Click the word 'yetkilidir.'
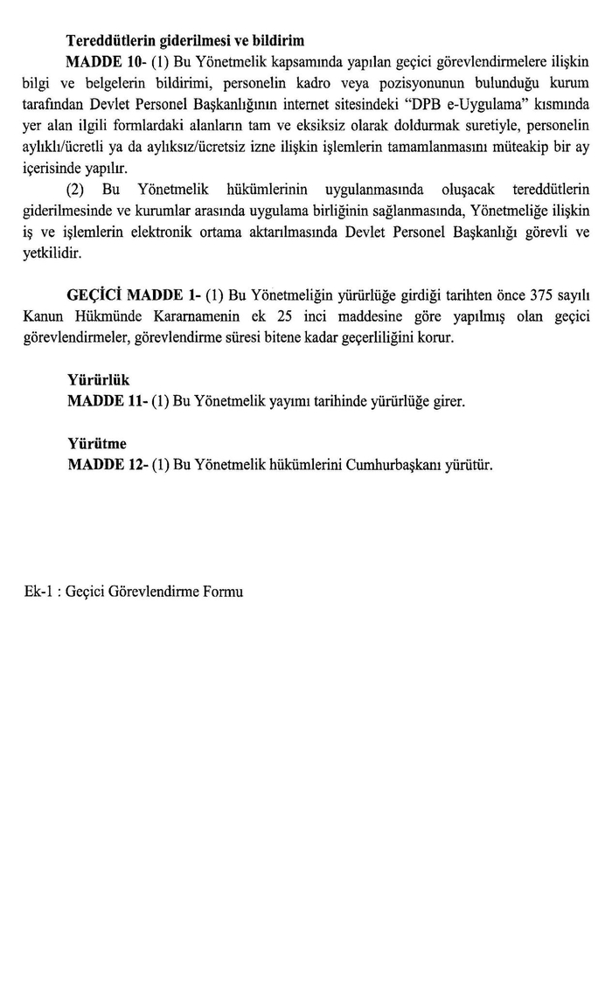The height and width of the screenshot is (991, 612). click(52, 253)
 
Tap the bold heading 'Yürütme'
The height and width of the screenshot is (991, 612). click(96, 443)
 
